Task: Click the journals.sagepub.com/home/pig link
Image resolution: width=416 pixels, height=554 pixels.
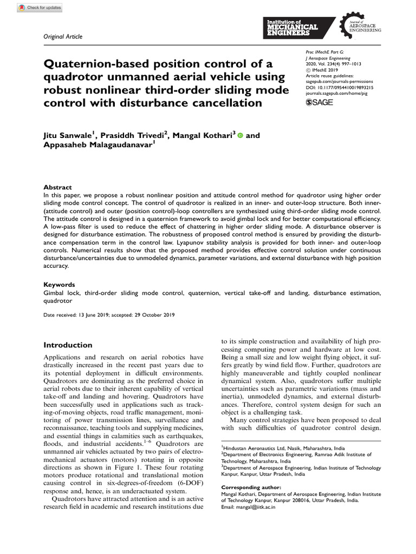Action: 339,93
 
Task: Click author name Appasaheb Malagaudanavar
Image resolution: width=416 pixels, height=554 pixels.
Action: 97,146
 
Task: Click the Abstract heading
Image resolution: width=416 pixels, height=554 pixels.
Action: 57,187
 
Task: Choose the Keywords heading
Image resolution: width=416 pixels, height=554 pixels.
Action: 59,285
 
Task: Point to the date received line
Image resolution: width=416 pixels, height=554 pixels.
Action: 109,315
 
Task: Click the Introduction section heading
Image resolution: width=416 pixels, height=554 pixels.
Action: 68,345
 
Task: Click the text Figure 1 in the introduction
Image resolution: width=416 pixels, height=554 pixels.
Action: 133,467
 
